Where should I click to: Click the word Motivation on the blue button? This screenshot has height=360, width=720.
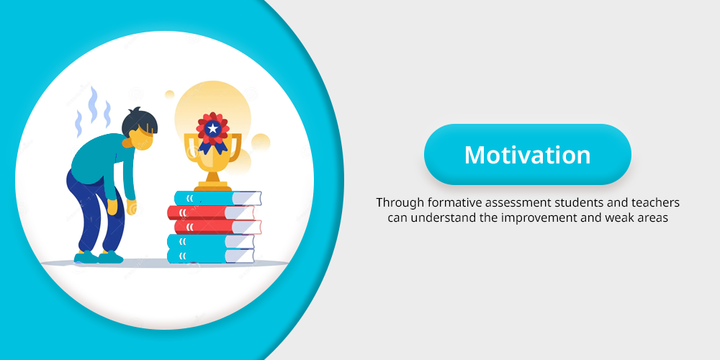(527, 155)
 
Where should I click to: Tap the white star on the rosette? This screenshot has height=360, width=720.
(212, 129)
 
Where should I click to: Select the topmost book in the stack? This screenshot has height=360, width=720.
(217, 198)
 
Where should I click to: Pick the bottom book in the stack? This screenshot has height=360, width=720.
(211, 256)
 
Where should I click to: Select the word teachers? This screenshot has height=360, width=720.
(654, 202)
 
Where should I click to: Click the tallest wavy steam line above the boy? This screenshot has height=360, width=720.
(93, 104)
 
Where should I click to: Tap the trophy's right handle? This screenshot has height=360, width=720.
(235, 147)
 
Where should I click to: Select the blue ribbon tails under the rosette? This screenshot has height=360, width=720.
(213, 146)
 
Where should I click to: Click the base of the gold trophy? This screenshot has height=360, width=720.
(212, 185)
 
